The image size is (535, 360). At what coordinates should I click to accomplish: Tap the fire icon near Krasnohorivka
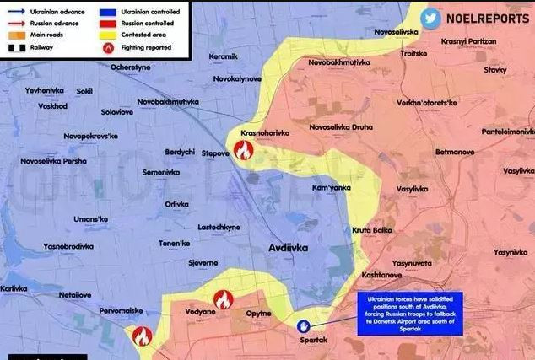[x=243, y=151]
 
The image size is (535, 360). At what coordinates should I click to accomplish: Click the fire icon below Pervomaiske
[x=142, y=336]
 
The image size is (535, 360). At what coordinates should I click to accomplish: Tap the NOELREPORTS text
[x=488, y=19]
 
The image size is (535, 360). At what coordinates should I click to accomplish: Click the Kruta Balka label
[x=373, y=230]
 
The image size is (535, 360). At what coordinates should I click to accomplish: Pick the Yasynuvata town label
[x=412, y=263]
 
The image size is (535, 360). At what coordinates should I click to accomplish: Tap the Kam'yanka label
[x=332, y=187]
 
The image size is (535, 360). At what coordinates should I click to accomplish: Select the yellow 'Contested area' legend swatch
[x=107, y=36]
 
